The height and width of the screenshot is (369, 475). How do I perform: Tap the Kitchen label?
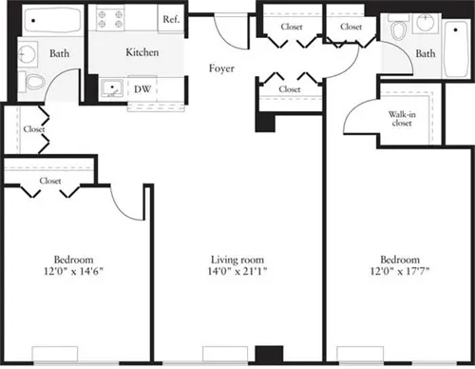tap(141, 53)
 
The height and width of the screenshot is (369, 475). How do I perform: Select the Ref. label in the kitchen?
tap(172, 19)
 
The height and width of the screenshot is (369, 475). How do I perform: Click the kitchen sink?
tap(110, 90)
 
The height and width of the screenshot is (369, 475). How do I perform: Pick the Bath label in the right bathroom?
tap(426, 53)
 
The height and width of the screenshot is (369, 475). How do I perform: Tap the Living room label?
tap(237, 260)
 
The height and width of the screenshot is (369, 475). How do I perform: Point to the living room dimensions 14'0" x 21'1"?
tap(237, 273)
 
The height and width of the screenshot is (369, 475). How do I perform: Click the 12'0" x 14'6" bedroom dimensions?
tap(73, 273)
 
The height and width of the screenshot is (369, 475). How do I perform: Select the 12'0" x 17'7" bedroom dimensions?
tap(399, 273)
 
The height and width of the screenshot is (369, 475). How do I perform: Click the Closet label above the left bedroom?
tap(50, 180)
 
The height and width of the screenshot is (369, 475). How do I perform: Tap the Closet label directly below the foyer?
tap(290, 89)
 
